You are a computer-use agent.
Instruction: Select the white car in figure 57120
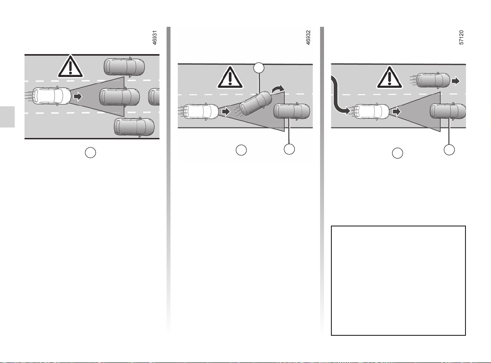click(x=370, y=112)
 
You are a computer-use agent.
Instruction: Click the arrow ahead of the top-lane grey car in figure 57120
click(x=456, y=80)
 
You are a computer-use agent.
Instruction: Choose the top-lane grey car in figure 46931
click(x=124, y=67)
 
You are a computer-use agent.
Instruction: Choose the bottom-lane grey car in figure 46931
click(x=134, y=127)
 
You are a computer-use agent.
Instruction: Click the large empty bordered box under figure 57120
click(x=398, y=280)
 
